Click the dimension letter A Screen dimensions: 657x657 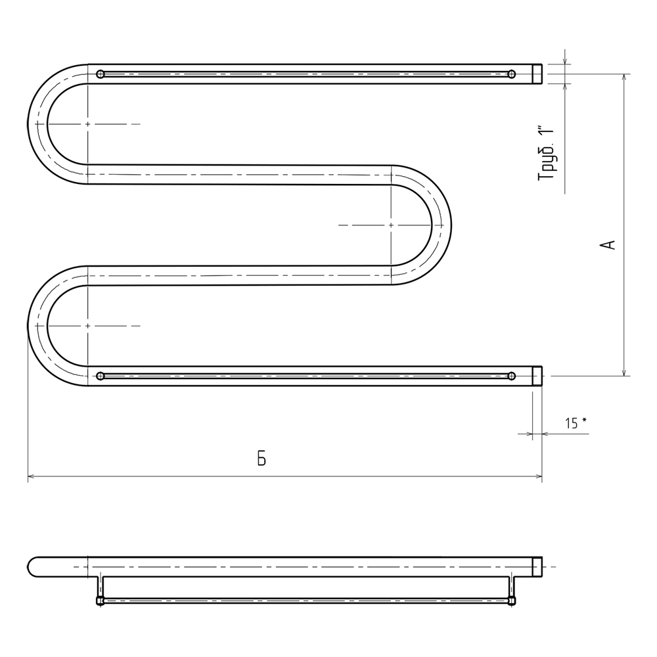[x=609, y=244]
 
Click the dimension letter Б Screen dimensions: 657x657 [x=261, y=459]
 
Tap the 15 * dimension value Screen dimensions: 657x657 [x=576, y=423]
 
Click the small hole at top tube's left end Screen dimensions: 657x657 [x=100, y=74]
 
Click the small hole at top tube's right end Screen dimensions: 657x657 [x=512, y=74]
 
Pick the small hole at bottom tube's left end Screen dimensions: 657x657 [x=100, y=376]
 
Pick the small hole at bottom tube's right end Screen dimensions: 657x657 [x=512, y=376]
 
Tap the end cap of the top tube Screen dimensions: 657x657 [x=537, y=74]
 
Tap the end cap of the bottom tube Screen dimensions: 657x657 [x=537, y=376]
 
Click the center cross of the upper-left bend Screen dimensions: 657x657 [x=87, y=124]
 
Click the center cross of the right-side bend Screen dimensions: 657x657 [x=392, y=225]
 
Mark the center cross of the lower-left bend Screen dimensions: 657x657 [x=87, y=325]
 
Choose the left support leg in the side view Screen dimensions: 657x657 [x=101, y=589]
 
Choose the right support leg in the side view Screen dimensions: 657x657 [x=512, y=589]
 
